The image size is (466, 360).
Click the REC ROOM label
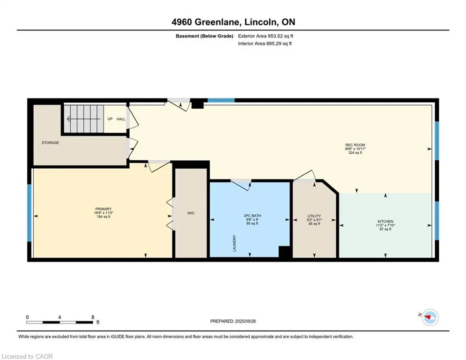[355, 145]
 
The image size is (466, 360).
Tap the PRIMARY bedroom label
[104, 209]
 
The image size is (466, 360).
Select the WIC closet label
[191, 213]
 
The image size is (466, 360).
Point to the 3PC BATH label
[252, 216]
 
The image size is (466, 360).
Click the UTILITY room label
[314, 216]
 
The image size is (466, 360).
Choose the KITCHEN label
[385, 221]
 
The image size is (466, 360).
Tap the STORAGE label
[50, 143]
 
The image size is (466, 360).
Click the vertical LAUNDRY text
[235, 243]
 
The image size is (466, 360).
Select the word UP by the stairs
[110, 119]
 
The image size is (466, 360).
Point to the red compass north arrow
[428, 317]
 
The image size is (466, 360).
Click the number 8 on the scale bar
[93, 317]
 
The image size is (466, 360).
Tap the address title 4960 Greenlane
[206, 22]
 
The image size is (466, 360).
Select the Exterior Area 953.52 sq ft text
[266, 36]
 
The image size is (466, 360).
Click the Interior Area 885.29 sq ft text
[265, 44]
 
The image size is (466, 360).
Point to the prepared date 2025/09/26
[245, 321]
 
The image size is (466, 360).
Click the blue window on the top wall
[221, 100]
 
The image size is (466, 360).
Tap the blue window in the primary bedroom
[30, 213]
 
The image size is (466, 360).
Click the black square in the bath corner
[284, 252]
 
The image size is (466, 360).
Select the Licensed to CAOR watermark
[27, 356]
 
